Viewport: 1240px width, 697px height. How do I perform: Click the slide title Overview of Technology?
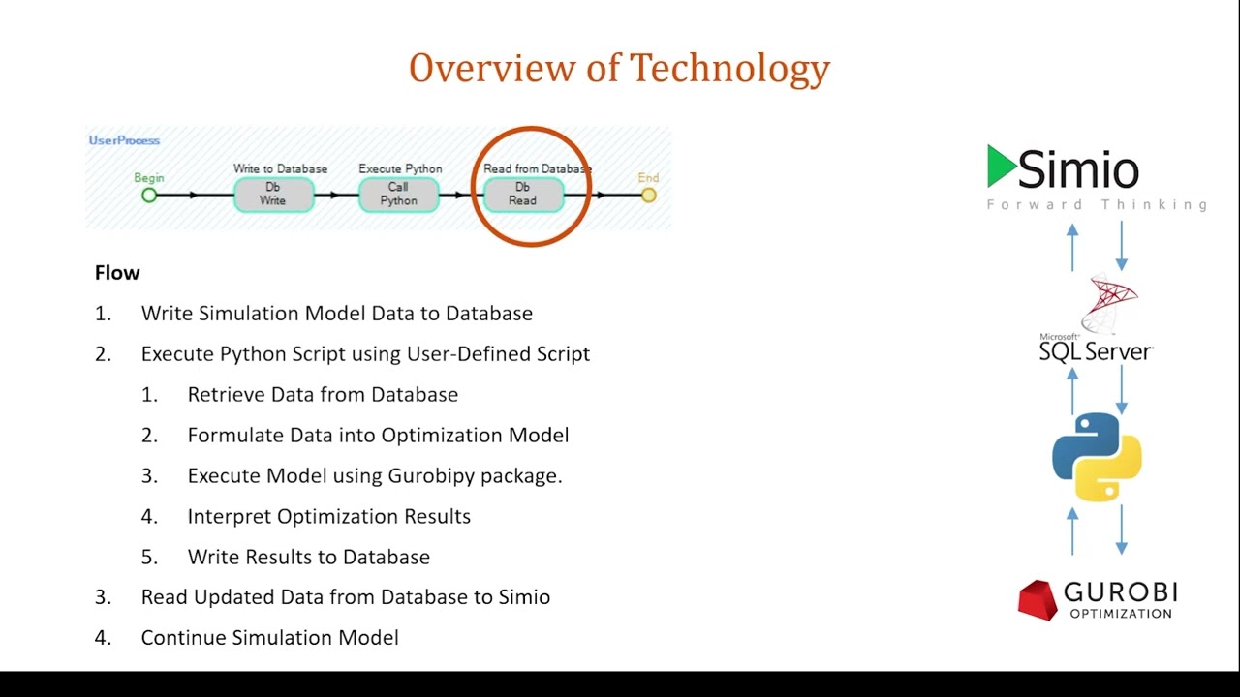619,69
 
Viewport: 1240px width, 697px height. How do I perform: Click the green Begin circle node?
149,196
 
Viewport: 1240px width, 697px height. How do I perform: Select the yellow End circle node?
648,196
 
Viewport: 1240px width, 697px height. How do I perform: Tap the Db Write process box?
273,195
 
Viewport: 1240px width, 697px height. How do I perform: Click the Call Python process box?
398,195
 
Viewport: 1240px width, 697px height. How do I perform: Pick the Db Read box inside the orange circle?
522,195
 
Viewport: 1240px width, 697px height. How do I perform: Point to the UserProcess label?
124,140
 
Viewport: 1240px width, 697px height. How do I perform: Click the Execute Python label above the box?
400,168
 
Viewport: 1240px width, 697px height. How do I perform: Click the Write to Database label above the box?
280,168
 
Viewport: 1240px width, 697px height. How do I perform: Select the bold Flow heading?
117,273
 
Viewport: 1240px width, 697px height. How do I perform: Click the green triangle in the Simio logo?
1001,167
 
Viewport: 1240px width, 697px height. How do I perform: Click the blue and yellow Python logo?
1097,457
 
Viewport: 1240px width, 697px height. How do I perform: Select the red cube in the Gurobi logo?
1036,599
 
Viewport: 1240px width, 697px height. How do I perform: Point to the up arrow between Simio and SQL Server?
1072,248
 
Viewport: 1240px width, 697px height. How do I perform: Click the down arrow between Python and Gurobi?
1122,530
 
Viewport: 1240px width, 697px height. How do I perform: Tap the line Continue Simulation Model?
269,638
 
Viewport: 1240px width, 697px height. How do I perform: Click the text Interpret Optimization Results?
328,516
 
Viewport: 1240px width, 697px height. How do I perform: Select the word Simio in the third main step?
524,597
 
